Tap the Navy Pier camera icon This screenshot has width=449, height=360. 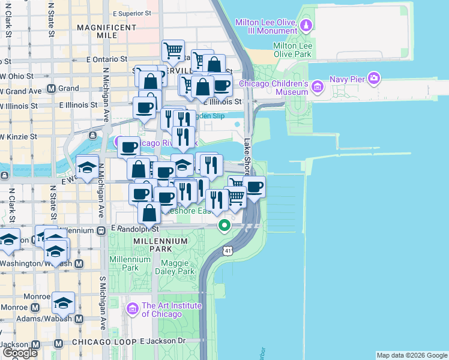(x=375, y=78)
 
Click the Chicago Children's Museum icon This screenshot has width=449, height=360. (x=318, y=88)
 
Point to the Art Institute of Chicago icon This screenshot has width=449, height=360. (x=133, y=309)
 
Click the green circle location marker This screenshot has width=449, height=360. (x=224, y=226)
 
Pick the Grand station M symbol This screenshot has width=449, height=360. (x=52, y=88)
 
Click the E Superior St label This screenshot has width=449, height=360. (x=131, y=13)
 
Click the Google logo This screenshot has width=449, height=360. (x=20, y=352)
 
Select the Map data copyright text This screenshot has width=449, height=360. (x=411, y=355)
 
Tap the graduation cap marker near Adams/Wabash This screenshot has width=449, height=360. (x=63, y=302)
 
